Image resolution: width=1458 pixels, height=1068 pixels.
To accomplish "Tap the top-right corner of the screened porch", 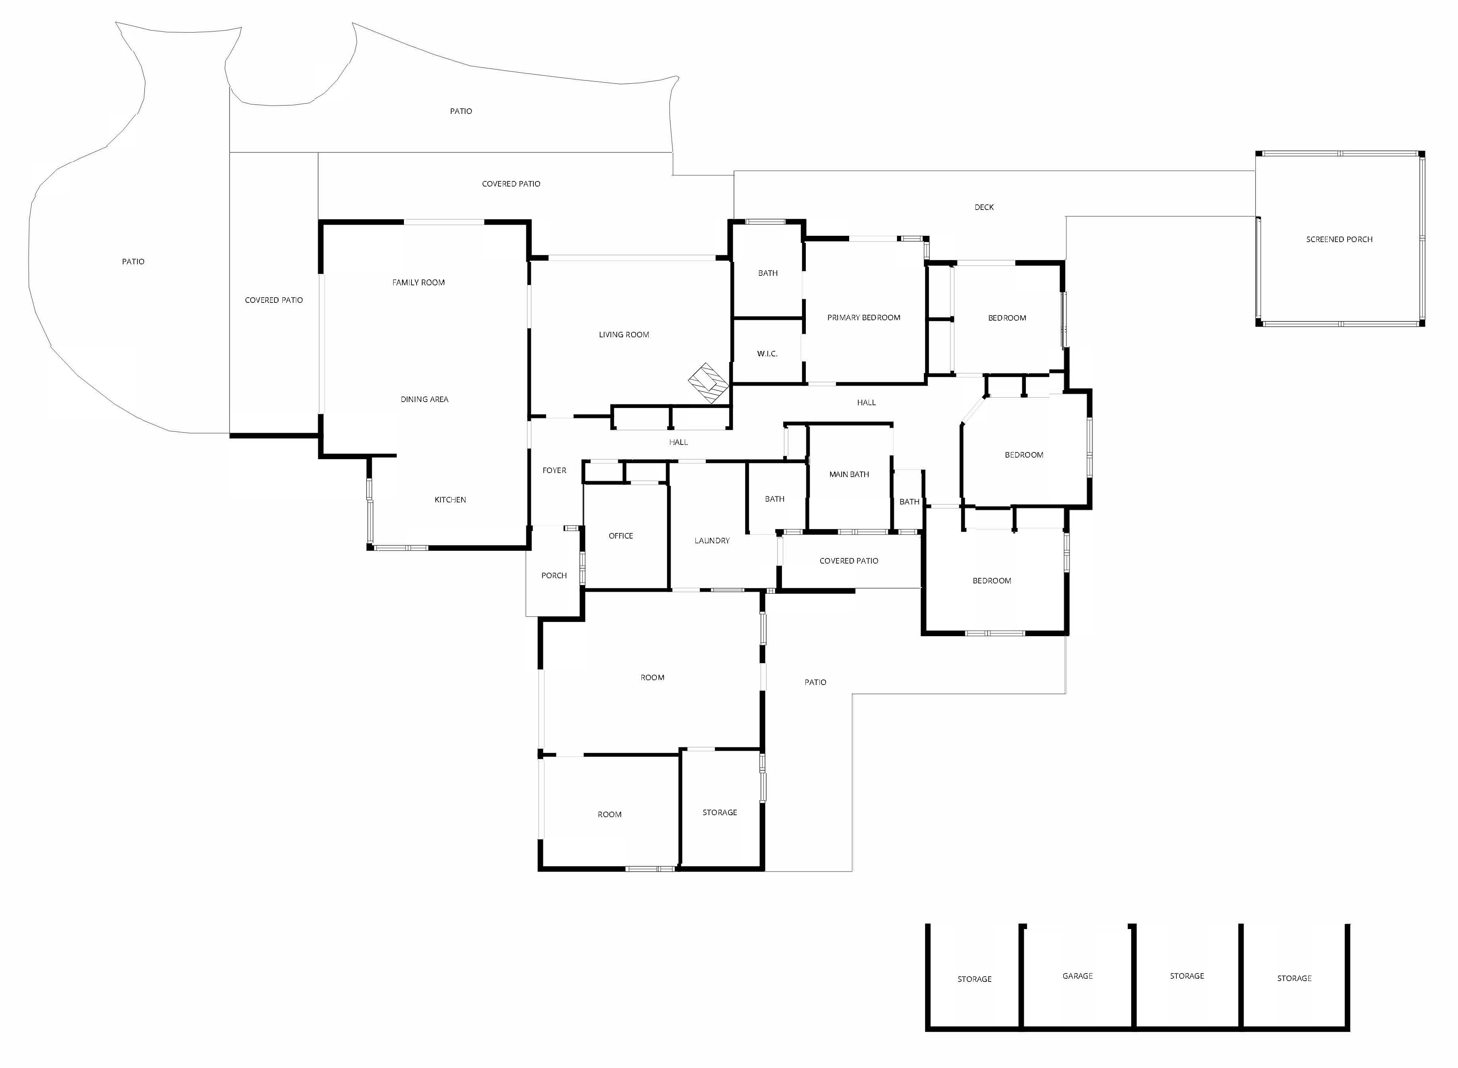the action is (x=1424, y=152).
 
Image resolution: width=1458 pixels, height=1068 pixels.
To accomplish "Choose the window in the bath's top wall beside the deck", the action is (x=765, y=222).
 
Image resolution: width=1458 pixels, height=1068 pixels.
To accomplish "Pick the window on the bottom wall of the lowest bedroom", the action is (x=995, y=633).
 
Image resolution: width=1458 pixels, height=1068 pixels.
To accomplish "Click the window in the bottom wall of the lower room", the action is (x=650, y=869).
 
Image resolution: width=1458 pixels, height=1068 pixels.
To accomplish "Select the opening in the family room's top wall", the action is (x=444, y=222).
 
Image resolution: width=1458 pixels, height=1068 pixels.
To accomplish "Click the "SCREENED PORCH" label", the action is (x=1339, y=239).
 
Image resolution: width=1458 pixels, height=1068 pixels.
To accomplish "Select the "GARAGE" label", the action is (x=1078, y=976).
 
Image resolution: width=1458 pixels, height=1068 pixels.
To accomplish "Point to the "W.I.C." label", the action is (x=767, y=354).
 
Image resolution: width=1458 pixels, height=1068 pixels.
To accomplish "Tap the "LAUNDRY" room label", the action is (x=712, y=541).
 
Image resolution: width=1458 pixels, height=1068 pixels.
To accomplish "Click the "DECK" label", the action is (x=984, y=207).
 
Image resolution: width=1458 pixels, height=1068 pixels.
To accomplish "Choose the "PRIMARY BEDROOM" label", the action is (x=863, y=318).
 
